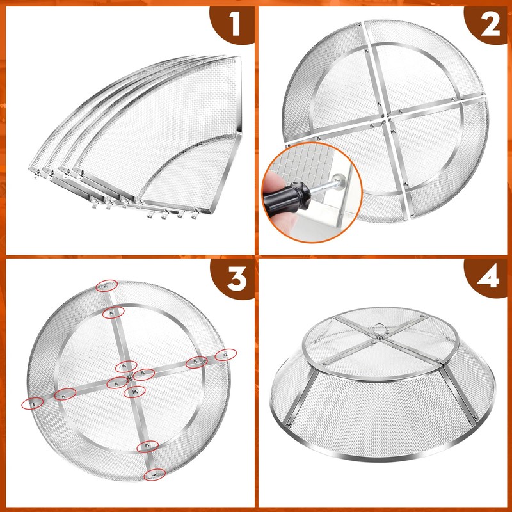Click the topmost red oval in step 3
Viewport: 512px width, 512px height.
click(x=106, y=285)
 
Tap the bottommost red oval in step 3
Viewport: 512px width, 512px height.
click(x=154, y=474)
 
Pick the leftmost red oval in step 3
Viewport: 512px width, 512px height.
click(x=33, y=402)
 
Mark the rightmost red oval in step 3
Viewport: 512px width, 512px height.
click(x=225, y=355)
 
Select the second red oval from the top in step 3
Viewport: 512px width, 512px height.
click(x=113, y=312)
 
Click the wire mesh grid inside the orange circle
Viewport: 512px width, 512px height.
click(x=301, y=160)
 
